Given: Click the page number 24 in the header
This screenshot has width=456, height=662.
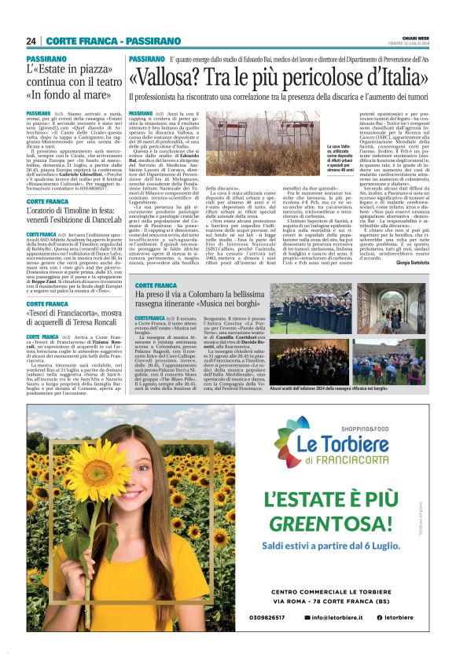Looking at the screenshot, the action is [31, 41].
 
